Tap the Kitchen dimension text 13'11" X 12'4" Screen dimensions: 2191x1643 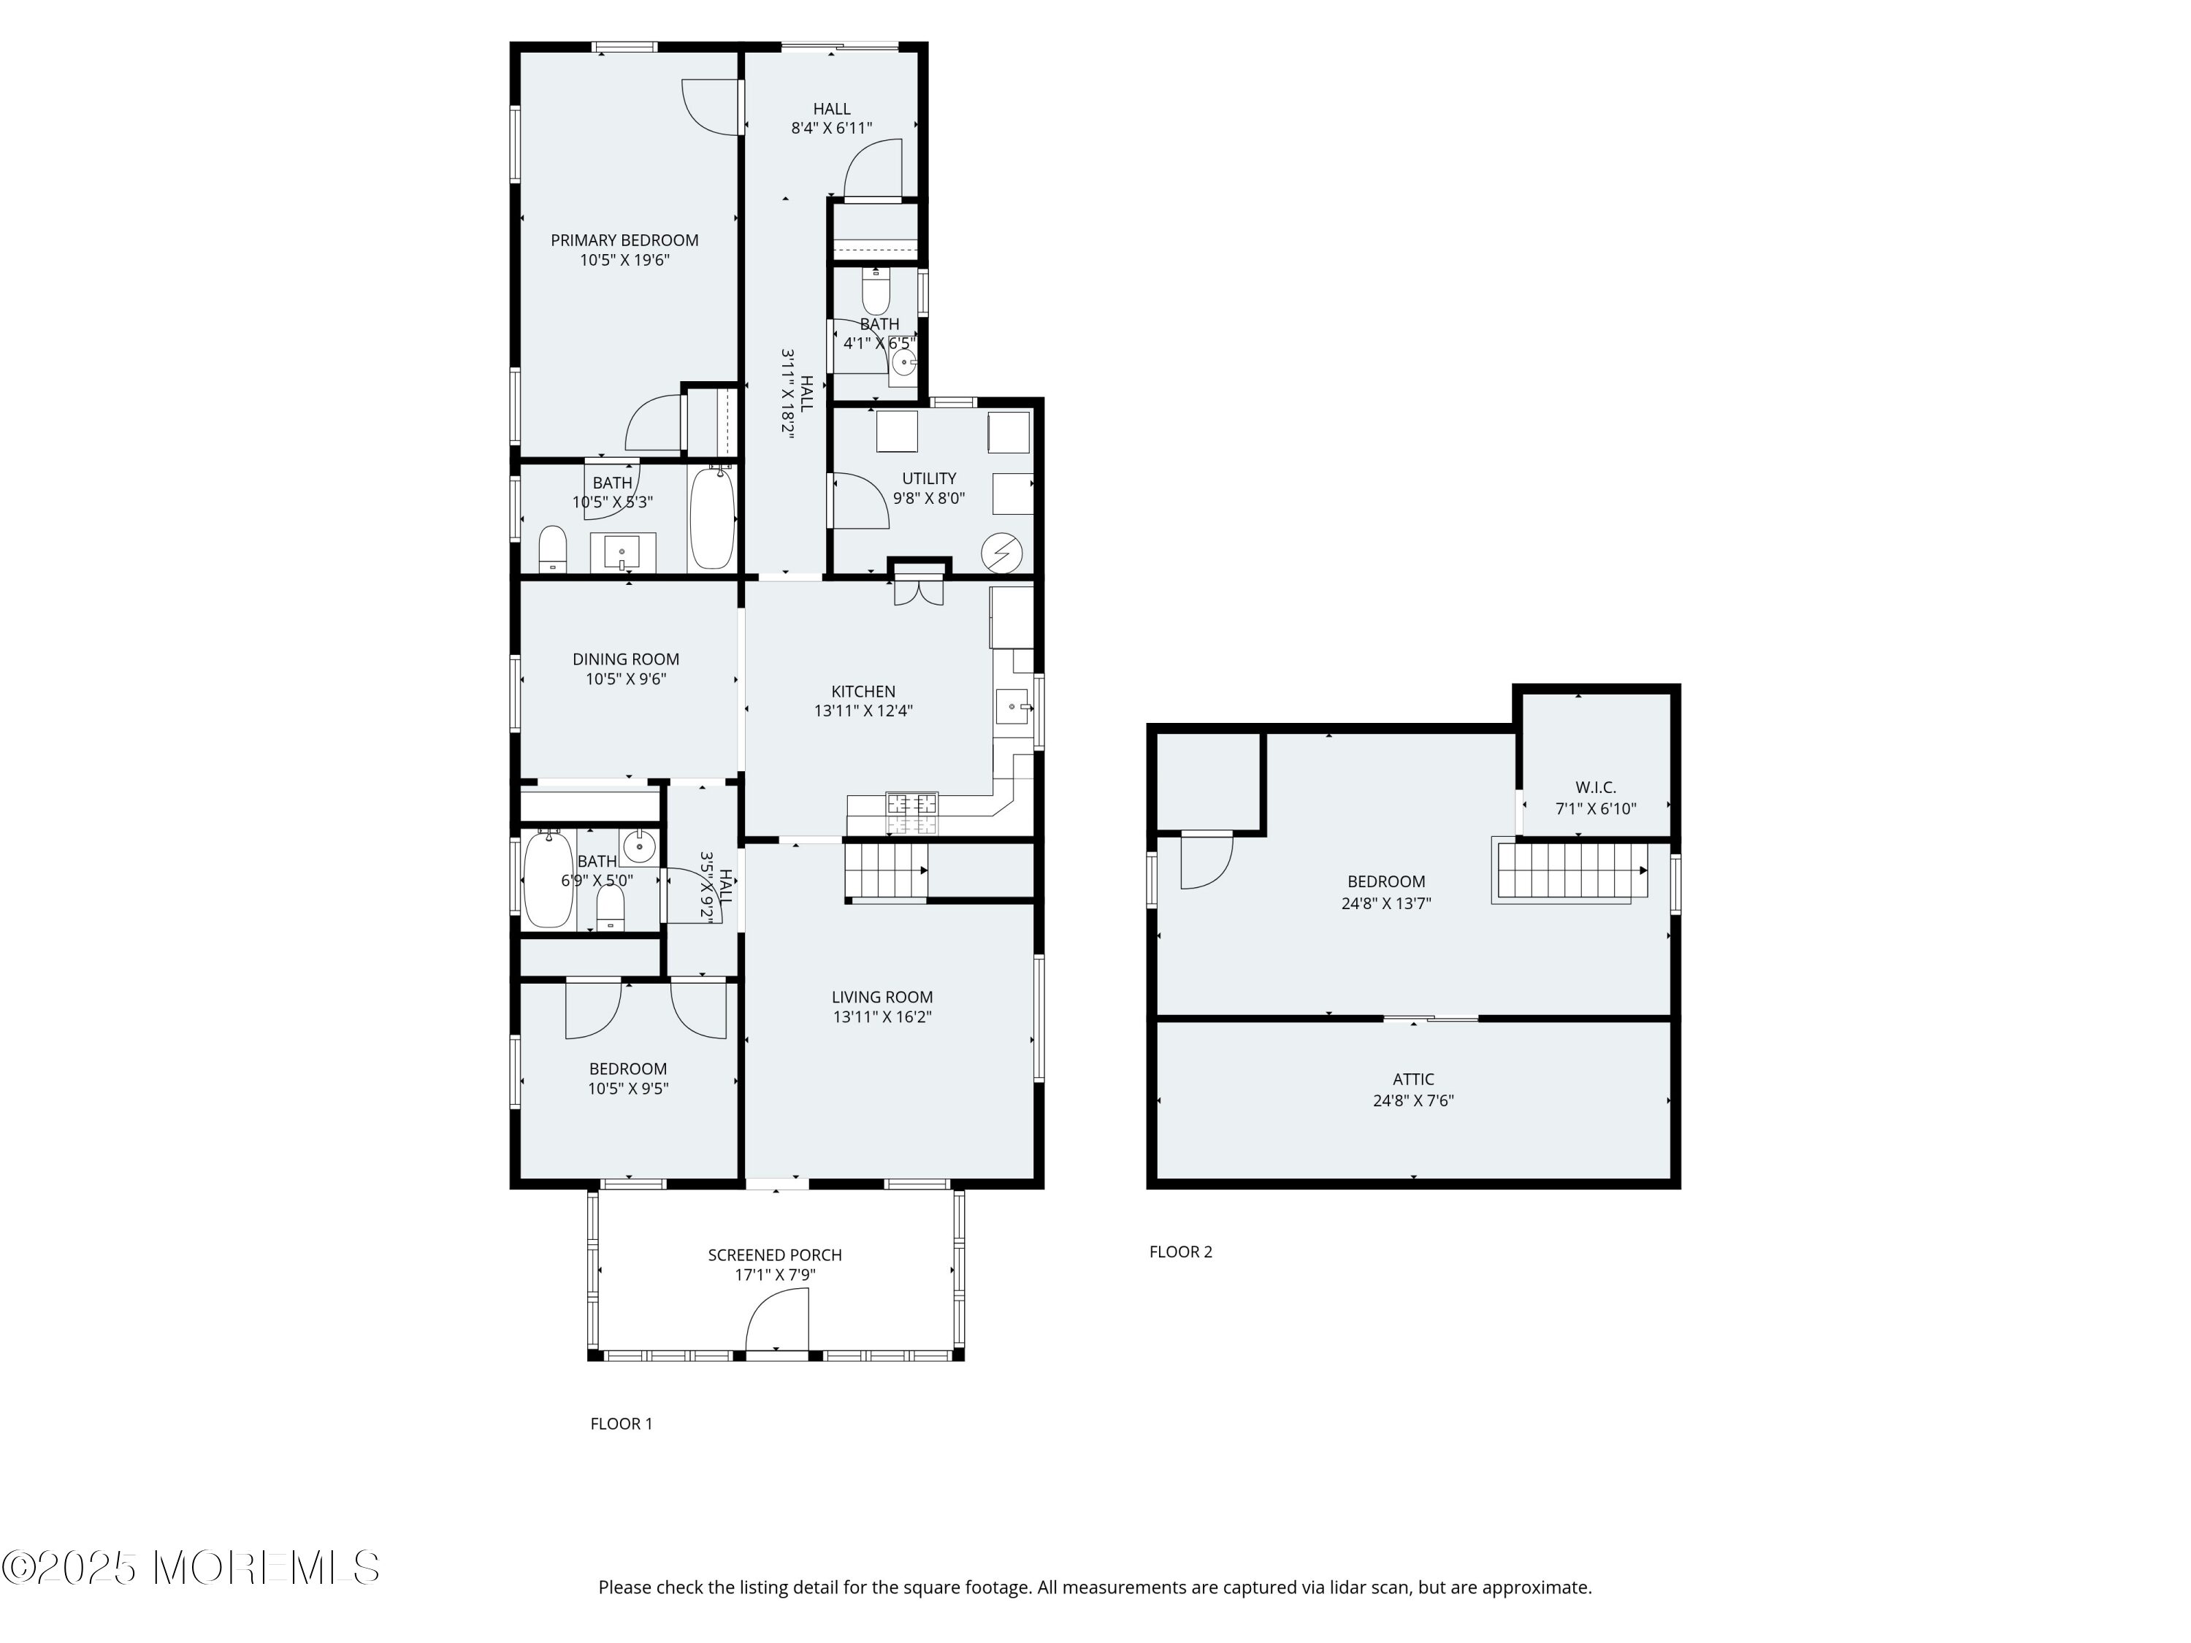[x=863, y=711]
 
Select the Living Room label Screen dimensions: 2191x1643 [x=882, y=997]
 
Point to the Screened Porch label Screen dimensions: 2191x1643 [x=775, y=1255]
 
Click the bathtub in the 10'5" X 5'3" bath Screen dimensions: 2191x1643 [x=712, y=518]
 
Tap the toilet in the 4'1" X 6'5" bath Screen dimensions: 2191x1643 [x=876, y=289]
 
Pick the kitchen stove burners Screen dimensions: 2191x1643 [x=911, y=812]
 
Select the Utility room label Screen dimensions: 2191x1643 [x=929, y=478]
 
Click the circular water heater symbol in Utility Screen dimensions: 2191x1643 [x=1001, y=553]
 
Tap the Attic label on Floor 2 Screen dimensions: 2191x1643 [x=1412, y=1079]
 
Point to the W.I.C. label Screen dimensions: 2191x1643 [x=1596, y=787]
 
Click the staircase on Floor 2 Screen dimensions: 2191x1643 [x=1571, y=870]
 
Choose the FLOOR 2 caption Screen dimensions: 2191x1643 [x=1181, y=1251]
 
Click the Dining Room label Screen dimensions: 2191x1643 [x=626, y=659]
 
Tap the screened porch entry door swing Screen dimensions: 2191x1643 [x=776, y=1323]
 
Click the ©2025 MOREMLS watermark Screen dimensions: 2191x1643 [x=191, y=1567]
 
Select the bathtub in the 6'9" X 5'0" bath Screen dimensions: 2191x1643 [x=548, y=879]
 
